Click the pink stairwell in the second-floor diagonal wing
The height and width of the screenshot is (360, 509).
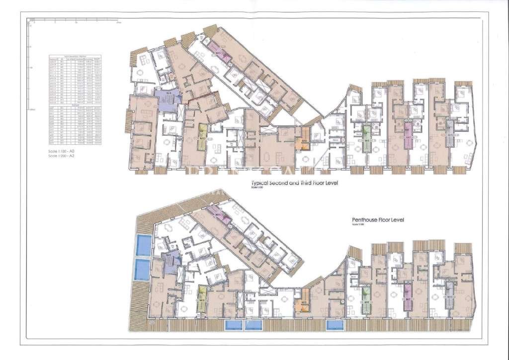(x=219, y=51)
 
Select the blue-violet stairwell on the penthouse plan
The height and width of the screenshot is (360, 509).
(x=168, y=260)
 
